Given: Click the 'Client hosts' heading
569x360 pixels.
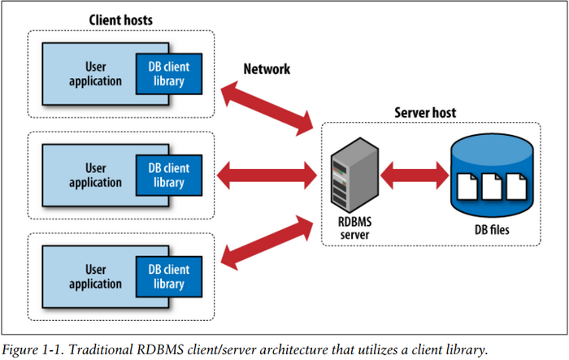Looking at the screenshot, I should [119, 18].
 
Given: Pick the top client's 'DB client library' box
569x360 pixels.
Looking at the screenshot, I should [167, 74].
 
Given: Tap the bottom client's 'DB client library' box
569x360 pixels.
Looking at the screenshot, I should [167, 275].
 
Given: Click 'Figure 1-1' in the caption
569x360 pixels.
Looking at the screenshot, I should [31, 349].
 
